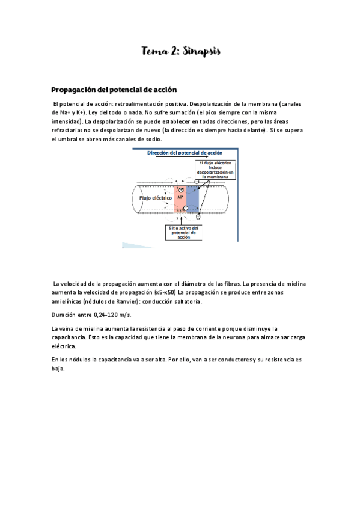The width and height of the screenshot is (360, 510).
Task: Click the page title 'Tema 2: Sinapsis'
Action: [181, 52]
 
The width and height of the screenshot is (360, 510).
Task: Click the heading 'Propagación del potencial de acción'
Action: [114, 90]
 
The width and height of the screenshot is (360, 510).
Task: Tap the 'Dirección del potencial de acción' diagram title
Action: [185, 153]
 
